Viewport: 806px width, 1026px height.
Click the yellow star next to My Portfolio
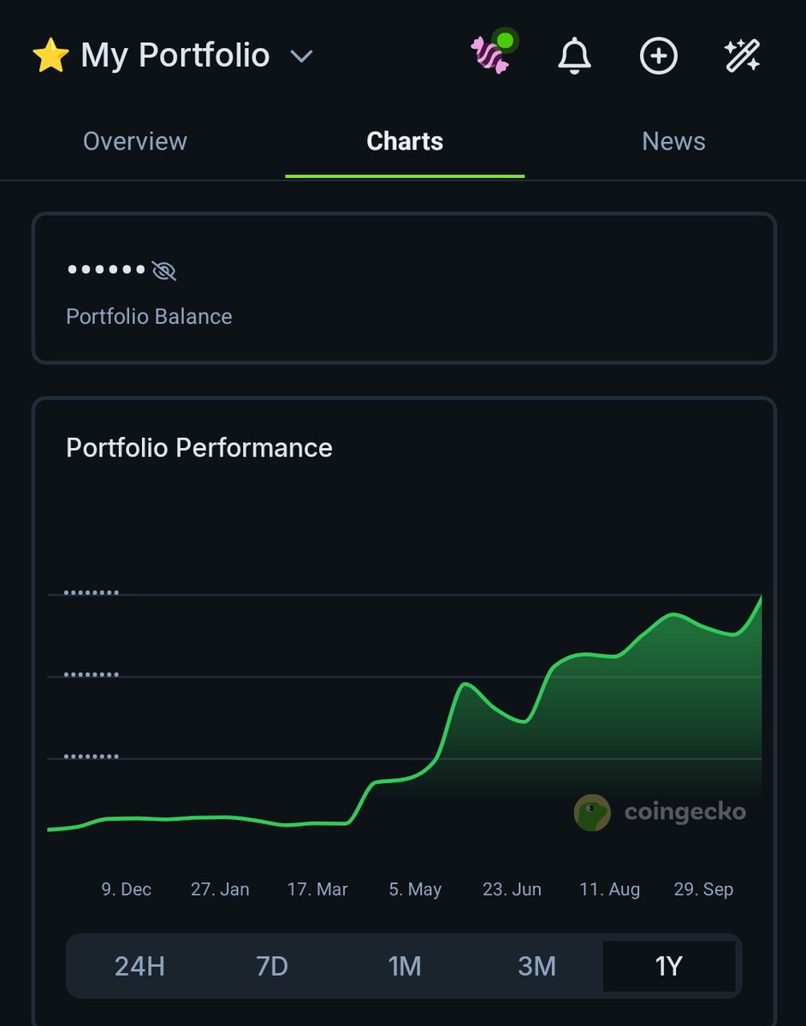click(50, 56)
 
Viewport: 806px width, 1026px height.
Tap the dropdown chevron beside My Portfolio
click(301, 56)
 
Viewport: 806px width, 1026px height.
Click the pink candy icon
click(491, 55)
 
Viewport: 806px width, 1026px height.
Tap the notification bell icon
click(574, 56)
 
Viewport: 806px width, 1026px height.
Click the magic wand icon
click(741, 56)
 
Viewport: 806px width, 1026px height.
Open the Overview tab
click(135, 141)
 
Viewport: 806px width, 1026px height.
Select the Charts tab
click(405, 141)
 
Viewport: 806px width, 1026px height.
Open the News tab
click(673, 141)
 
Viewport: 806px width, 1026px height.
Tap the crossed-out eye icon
click(163, 271)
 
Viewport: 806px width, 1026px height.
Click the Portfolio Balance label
click(149, 316)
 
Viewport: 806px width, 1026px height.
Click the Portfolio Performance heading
click(199, 448)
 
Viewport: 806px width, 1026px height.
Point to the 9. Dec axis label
click(126, 889)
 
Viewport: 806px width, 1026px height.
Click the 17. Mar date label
click(317, 889)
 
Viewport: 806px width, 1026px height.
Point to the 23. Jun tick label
click(512, 889)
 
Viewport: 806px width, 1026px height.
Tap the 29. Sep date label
click(703, 889)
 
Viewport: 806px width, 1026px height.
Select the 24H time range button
click(139, 966)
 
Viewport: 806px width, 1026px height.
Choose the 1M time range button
click(405, 966)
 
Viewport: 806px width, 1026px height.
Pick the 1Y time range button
click(668, 966)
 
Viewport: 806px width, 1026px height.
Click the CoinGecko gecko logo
click(592, 812)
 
